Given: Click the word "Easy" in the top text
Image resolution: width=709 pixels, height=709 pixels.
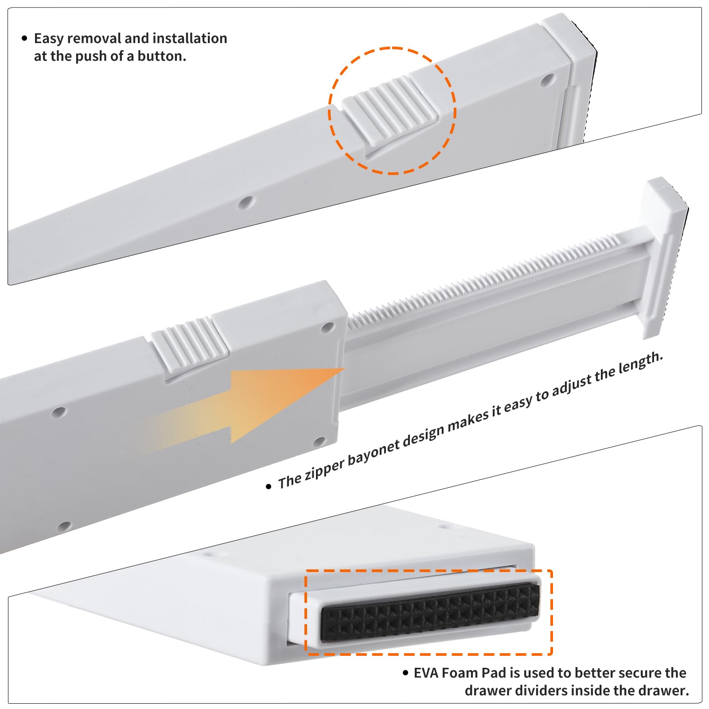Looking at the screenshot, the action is tap(49, 39).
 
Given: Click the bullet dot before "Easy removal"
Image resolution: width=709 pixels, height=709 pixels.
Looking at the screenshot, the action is tap(24, 39).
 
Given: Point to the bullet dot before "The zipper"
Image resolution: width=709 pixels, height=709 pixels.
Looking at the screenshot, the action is tap(268, 487).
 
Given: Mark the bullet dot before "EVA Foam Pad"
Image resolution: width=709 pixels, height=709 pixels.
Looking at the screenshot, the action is tap(405, 673).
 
